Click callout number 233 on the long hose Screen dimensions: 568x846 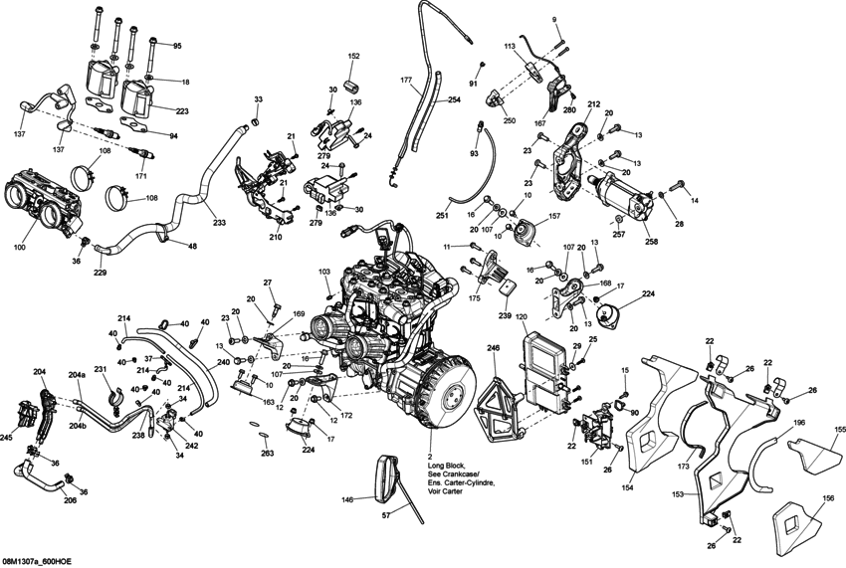point(218,224)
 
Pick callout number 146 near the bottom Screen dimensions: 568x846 point(348,501)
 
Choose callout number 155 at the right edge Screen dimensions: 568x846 point(839,429)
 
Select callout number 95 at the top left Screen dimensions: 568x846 point(177,47)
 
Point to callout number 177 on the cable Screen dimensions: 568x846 point(406,79)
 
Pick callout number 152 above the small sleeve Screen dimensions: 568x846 point(353,57)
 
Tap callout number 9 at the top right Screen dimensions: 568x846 point(554,21)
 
